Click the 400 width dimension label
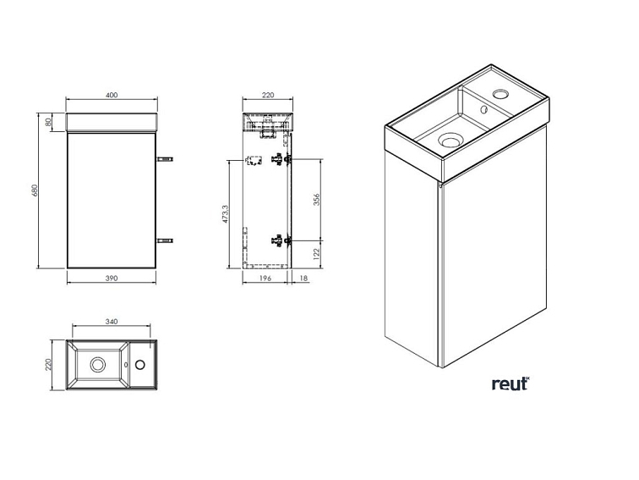(112, 95)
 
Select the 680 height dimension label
(34, 190)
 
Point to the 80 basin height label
(48, 122)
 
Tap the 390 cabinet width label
(112, 279)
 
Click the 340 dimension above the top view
(112, 322)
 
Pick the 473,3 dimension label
(227, 214)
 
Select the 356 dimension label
(317, 199)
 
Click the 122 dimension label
(317, 254)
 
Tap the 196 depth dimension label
(265, 279)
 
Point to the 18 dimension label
(303, 279)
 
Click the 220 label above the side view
(268, 95)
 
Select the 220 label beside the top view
(48, 365)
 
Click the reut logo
(511, 383)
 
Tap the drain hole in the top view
(98, 364)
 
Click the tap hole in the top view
(139, 364)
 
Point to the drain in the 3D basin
(450, 140)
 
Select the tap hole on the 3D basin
(500, 95)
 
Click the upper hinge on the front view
(165, 158)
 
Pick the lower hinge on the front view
(165, 240)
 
